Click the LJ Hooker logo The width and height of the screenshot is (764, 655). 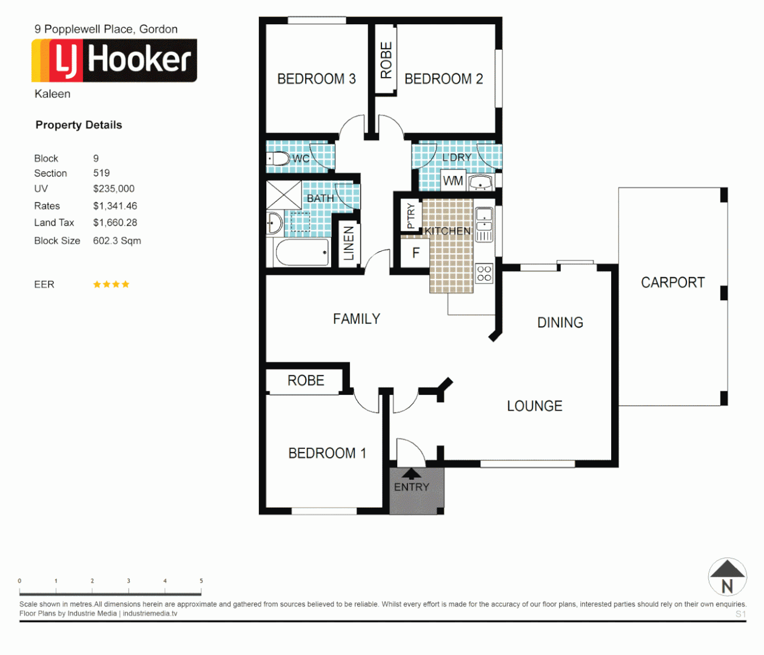click(x=114, y=60)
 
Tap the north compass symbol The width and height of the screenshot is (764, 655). click(x=727, y=577)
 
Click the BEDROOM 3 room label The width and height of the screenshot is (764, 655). click(x=316, y=79)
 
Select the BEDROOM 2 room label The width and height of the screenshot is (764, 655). click(x=443, y=79)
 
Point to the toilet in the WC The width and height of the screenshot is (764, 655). click(x=278, y=159)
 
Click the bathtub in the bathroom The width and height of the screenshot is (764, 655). click(x=302, y=252)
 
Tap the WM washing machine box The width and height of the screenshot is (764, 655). click(x=452, y=181)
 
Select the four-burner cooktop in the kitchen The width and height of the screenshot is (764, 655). click(x=484, y=274)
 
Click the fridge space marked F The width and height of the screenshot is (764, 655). click(x=415, y=253)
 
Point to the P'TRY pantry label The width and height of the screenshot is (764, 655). click(x=410, y=216)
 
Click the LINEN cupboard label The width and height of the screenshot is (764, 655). click(x=349, y=243)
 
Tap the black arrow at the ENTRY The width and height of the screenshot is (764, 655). click(x=412, y=474)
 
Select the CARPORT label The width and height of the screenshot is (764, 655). click(x=672, y=283)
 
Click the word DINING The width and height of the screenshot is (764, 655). click(x=560, y=323)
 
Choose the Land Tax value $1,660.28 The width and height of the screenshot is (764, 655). click(x=115, y=223)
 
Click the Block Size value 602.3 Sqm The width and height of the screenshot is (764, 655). click(x=117, y=241)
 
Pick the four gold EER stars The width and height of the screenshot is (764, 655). click(x=111, y=284)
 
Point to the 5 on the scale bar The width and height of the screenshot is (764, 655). click(x=201, y=581)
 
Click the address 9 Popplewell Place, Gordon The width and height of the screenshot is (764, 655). click(x=106, y=29)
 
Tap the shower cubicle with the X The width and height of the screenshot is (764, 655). click(x=284, y=195)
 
